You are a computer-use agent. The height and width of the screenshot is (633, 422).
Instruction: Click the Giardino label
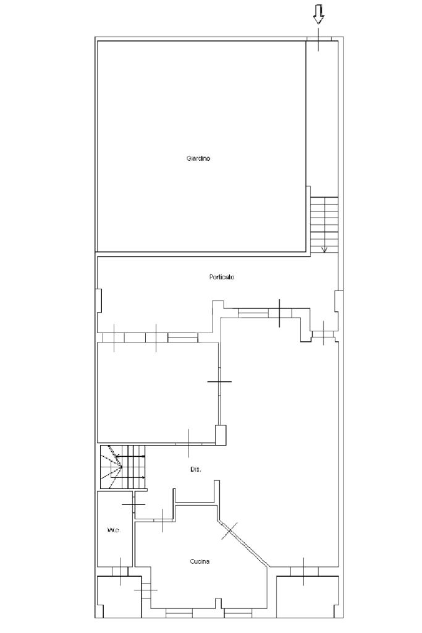click(198, 159)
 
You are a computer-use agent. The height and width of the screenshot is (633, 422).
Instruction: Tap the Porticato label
click(221, 278)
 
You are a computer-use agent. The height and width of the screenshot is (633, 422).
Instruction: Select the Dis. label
click(195, 470)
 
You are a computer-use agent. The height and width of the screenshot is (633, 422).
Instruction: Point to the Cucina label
click(200, 561)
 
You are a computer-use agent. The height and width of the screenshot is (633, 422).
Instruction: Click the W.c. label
click(113, 530)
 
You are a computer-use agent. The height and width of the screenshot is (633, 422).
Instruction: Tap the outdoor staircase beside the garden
click(324, 225)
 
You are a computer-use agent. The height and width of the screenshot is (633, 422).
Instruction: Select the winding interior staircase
click(122, 467)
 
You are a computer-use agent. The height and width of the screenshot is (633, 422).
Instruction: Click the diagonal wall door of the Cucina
click(230, 531)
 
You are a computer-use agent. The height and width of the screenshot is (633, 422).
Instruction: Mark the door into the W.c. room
click(133, 504)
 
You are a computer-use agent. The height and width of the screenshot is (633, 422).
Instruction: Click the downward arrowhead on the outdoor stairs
click(324, 250)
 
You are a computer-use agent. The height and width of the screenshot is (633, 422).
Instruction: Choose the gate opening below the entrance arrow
click(319, 39)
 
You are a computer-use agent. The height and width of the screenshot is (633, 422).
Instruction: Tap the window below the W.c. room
click(120, 571)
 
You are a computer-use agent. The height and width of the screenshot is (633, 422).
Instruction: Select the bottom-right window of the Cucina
click(238, 613)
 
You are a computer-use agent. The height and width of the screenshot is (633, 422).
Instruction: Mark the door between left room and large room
click(219, 381)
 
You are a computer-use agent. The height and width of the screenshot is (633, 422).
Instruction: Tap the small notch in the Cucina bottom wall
click(218, 603)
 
